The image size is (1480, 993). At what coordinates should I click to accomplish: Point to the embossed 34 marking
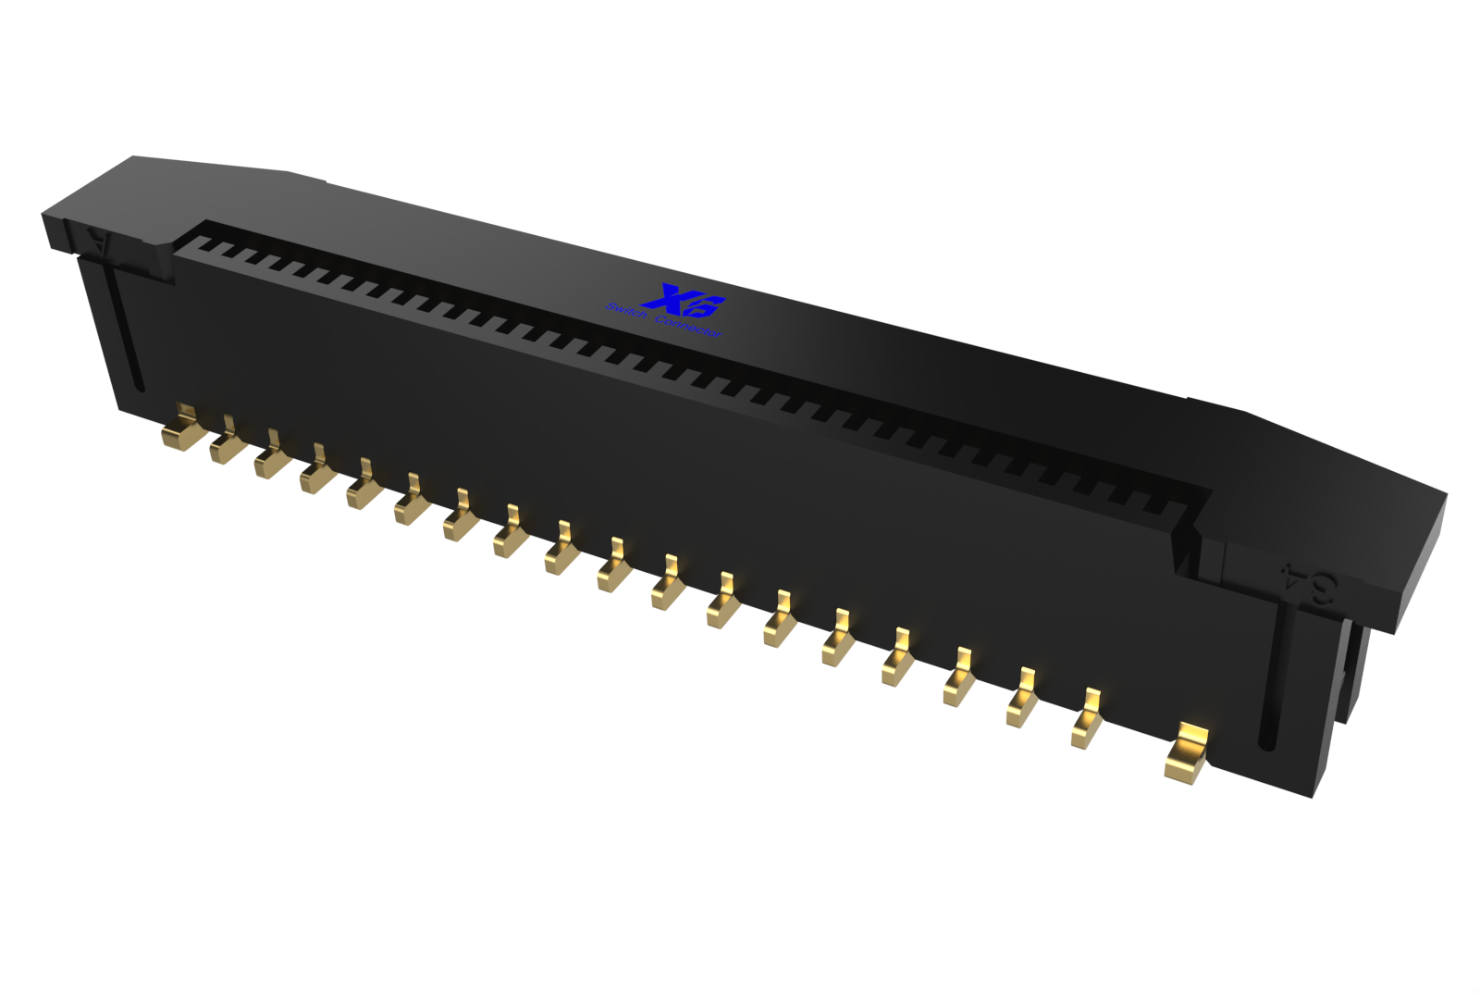pyautogui.click(x=1308, y=582)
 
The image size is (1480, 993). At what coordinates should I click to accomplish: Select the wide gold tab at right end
pyautogui.click(x=1188, y=753)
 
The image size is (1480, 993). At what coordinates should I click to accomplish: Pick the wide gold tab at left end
pyautogui.click(x=179, y=429)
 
